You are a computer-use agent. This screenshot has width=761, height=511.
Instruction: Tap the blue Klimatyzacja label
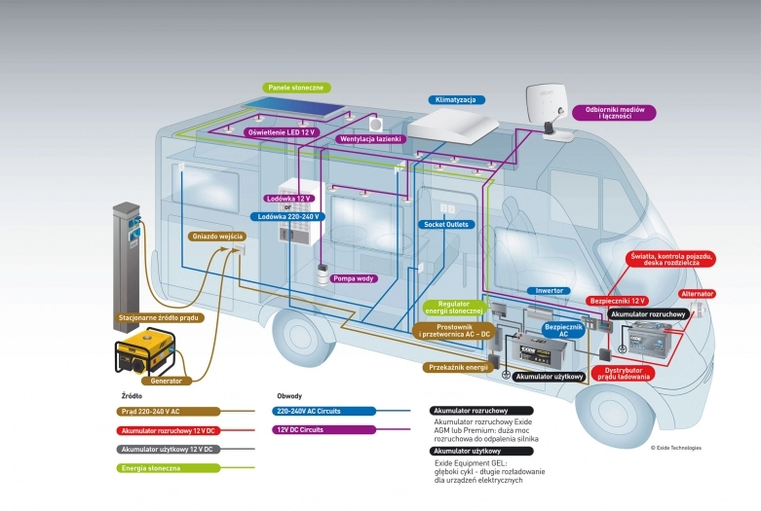pyautogui.click(x=456, y=100)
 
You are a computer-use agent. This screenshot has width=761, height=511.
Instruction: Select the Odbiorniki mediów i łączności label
pyautogui.click(x=614, y=113)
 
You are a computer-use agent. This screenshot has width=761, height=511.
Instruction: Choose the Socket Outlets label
pyautogui.click(x=445, y=224)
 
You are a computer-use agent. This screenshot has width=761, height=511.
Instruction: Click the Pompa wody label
pyautogui.click(x=354, y=278)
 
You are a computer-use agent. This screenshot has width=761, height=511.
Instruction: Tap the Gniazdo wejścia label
pyautogui.click(x=216, y=237)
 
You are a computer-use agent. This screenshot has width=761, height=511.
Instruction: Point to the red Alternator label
pyautogui.click(x=697, y=294)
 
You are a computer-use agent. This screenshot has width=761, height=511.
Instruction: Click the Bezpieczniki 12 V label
pyautogui.click(x=618, y=302)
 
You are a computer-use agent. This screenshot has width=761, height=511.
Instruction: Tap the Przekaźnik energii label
pyautogui.click(x=455, y=368)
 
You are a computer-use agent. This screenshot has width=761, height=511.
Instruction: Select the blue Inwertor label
pyautogui.click(x=549, y=291)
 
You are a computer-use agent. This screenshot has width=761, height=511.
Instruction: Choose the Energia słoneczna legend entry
pyautogui.click(x=150, y=468)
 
